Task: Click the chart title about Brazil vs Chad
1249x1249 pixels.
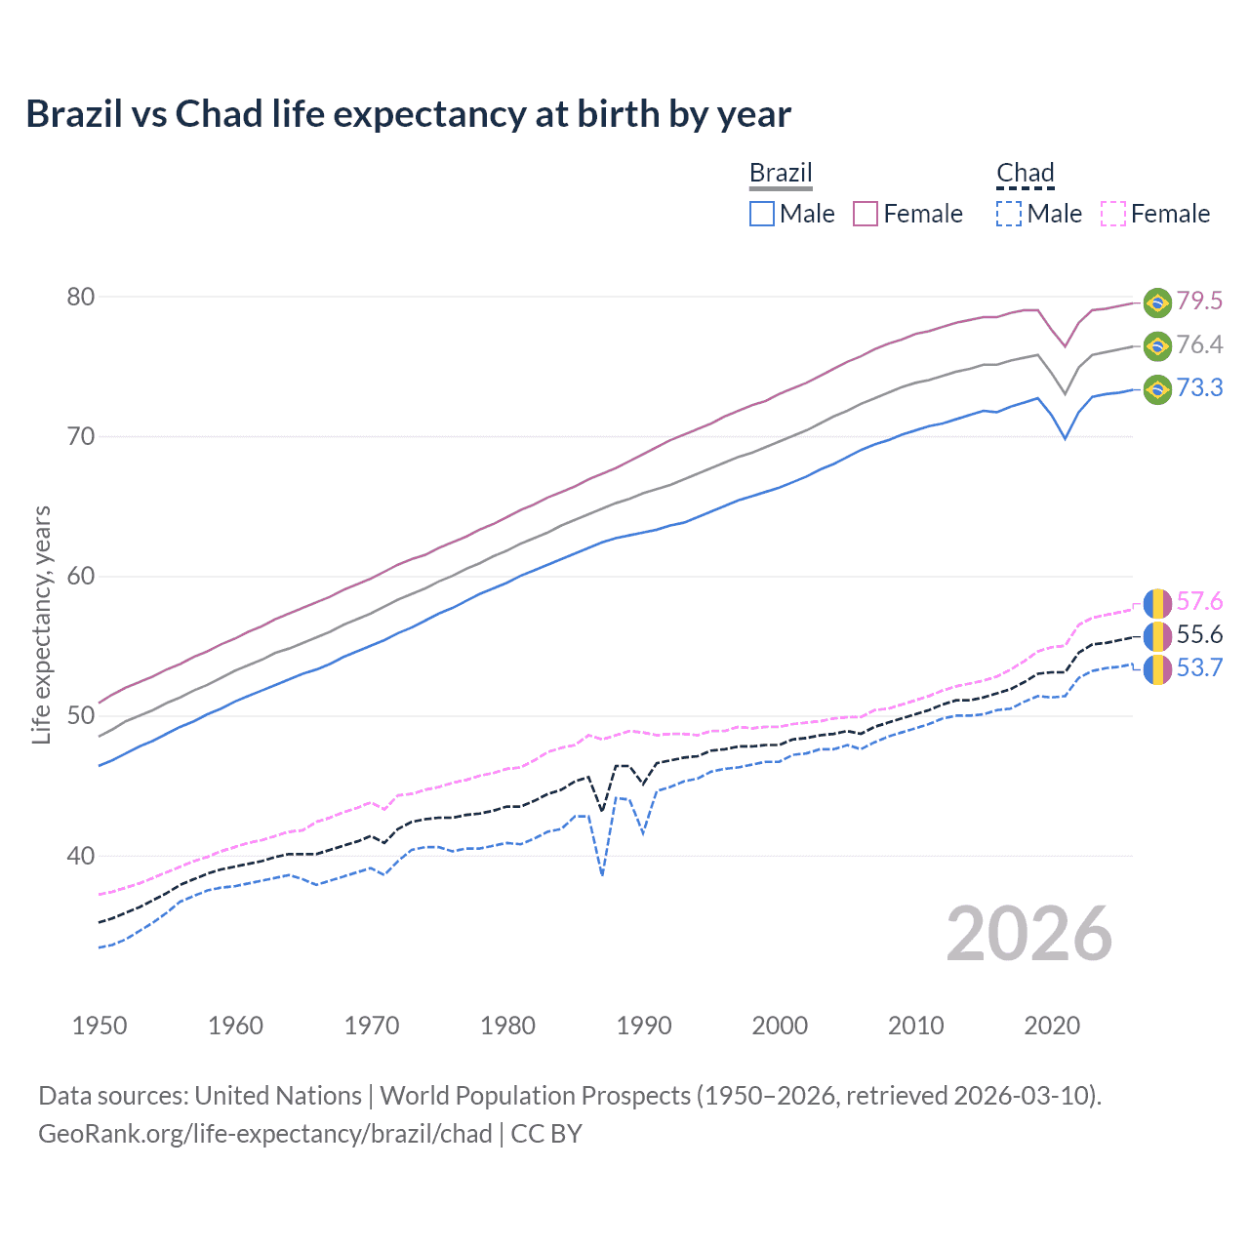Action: point(408,114)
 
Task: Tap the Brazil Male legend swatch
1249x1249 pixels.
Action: point(762,214)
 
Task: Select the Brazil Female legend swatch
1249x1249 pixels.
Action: point(866,214)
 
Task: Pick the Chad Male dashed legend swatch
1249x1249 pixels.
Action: point(1009,214)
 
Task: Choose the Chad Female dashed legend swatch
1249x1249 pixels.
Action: point(1113,214)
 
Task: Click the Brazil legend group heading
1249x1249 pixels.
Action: point(781,173)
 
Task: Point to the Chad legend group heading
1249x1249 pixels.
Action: point(1025,173)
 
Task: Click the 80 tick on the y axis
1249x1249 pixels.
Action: point(81,297)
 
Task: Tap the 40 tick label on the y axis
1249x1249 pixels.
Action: point(81,856)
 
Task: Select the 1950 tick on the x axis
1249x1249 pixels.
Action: point(100,1026)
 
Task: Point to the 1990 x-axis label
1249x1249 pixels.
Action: point(644,1026)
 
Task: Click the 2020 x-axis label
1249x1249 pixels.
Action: point(1052,1026)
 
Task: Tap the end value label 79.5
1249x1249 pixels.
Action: point(1199,301)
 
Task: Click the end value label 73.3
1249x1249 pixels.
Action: point(1199,387)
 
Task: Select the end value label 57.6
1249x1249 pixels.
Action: point(1199,601)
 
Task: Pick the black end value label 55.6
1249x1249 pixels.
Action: point(1199,635)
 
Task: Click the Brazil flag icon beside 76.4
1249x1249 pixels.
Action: point(1157,345)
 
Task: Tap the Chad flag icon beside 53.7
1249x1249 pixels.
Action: point(1157,669)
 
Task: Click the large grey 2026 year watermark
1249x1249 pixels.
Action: point(1028,934)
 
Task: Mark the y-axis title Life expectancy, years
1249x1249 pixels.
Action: point(42,624)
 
